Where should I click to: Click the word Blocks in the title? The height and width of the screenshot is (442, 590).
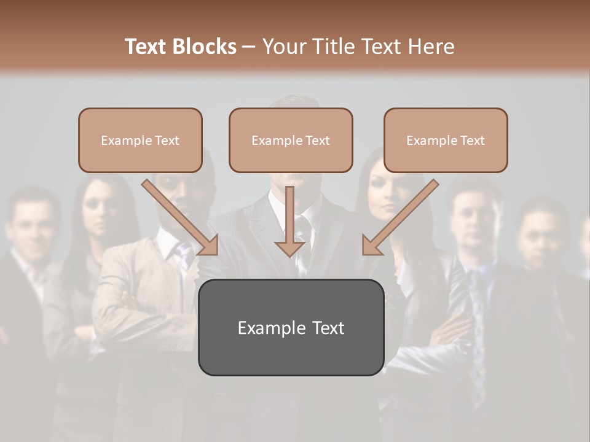(x=204, y=47)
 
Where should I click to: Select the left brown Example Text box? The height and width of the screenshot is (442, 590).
(x=140, y=141)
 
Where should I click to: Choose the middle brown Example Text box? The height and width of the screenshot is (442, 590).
(x=291, y=141)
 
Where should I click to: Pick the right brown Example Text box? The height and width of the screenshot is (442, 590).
(x=446, y=141)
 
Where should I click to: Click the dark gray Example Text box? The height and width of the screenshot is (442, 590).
(x=291, y=328)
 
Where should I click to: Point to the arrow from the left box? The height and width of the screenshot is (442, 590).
(x=181, y=217)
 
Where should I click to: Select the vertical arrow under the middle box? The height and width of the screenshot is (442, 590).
(x=289, y=221)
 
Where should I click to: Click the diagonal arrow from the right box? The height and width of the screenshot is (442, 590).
(x=399, y=217)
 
